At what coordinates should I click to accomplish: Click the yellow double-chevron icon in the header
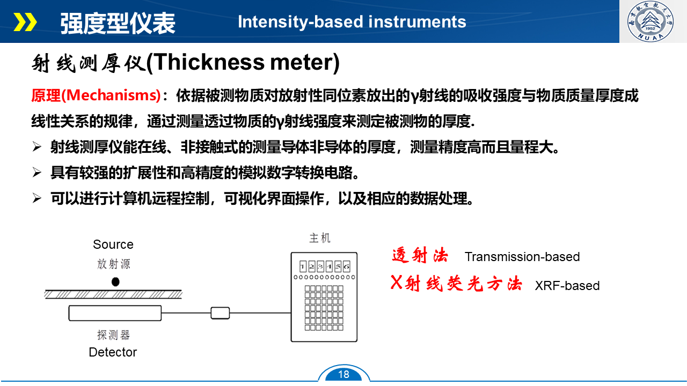(25, 22)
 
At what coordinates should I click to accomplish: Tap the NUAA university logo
(651, 21)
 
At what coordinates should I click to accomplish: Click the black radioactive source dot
(115, 281)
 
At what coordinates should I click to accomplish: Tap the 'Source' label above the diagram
(113, 244)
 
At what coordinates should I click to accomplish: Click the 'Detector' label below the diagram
(113, 352)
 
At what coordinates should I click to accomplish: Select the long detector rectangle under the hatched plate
(115, 313)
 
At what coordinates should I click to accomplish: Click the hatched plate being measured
(113, 294)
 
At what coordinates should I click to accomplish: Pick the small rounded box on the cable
(220, 313)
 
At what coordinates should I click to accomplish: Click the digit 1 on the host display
(303, 266)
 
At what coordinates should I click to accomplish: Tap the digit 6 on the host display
(347, 266)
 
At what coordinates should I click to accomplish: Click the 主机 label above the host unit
(320, 238)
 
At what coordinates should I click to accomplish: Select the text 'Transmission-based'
(522, 257)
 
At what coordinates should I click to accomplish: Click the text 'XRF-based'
(567, 286)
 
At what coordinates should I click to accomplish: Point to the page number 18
(343, 374)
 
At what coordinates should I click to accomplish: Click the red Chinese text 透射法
(420, 255)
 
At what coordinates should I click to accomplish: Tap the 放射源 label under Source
(114, 264)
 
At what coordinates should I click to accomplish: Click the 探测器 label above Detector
(113, 335)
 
